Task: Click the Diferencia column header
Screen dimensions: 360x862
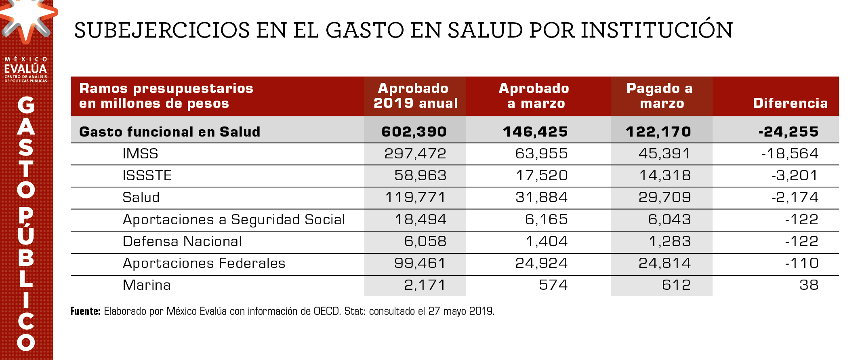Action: point(790,103)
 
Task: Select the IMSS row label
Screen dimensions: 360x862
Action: point(140,154)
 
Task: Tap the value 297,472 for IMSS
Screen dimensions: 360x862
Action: point(415,154)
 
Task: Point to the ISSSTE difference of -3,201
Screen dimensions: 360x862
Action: point(795,175)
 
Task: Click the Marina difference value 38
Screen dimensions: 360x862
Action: point(809,285)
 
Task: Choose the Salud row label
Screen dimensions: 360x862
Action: point(141,197)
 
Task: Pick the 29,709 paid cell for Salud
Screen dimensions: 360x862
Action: point(664,197)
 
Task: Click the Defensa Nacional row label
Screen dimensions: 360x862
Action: point(182,241)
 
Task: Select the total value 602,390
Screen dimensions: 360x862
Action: point(414,132)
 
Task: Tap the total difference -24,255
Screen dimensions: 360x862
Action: point(788,132)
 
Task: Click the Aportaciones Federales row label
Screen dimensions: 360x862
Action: point(204,263)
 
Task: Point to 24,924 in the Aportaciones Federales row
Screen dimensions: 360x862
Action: point(541,263)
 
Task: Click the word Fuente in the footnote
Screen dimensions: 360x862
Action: point(85,311)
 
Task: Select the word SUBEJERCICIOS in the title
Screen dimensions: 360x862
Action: point(162,30)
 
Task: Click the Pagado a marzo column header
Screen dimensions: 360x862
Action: point(660,96)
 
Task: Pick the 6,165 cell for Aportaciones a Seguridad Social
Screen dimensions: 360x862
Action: point(546,219)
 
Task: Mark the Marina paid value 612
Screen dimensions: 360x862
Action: point(676,285)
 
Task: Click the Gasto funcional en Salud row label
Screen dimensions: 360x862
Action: point(170,132)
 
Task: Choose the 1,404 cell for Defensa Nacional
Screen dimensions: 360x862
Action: point(547,241)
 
